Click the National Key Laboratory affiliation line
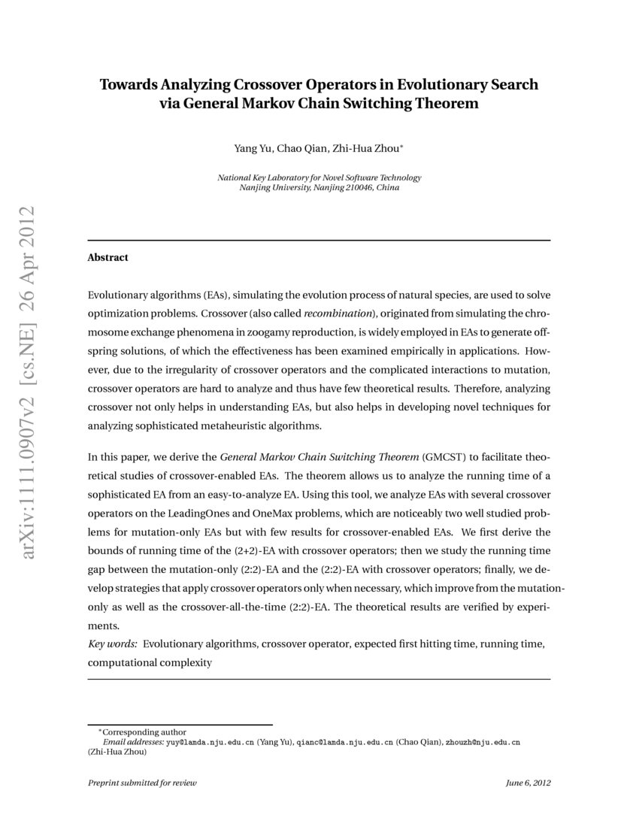pos(319,177)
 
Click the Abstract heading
pos(108,257)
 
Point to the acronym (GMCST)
pos(444,456)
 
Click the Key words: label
pos(113,644)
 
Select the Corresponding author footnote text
pos(144,732)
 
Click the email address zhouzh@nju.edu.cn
pos(483,741)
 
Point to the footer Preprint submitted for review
pos(142,783)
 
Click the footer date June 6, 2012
pos(528,783)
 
